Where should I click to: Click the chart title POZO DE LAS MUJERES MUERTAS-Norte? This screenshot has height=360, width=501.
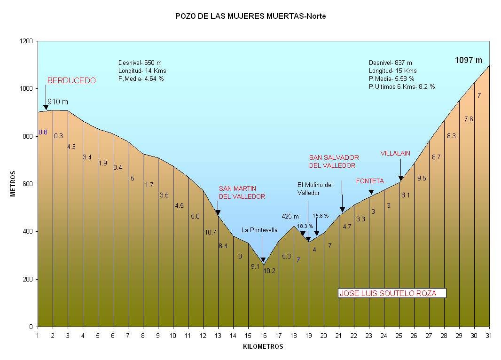click(x=250, y=16)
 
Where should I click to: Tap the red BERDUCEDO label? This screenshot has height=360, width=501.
click(x=71, y=80)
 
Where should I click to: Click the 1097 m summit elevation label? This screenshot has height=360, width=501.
click(x=469, y=60)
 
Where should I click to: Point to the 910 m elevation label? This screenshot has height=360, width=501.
click(x=58, y=102)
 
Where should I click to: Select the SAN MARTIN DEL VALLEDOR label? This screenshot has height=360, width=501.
click(x=242, y=193)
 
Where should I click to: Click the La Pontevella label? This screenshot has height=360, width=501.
click(x=259, y=230)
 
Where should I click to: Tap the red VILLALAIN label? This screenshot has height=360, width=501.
click(x=395, y=153)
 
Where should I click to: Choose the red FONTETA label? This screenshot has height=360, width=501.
click(x=370, y=181)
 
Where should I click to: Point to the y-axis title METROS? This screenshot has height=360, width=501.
click(x=14, y=184)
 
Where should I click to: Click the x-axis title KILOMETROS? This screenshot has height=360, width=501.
click(x=263, y=347)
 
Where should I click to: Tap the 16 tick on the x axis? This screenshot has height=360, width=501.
click(x=264, y=335)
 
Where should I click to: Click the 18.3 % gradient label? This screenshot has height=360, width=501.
click(x=305, y=226)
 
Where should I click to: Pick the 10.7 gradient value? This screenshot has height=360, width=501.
click(x=211, y=232)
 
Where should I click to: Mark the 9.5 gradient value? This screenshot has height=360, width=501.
click(x=422, y=178)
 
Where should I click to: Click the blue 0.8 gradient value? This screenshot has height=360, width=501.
click(x=43, y=132)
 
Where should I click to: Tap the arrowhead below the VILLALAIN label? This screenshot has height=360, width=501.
click(x=400, y=178)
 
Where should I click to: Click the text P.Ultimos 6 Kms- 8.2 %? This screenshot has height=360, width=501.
click(x=402, y=87)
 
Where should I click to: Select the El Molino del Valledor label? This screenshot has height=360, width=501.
click(x=315, y=188)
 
